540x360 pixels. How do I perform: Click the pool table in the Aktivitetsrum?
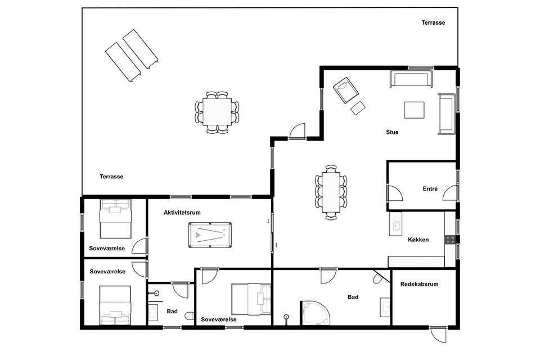(x=210, y=235)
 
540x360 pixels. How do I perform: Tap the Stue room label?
(x=392, y=132)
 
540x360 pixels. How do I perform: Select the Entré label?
(x=430, y=188)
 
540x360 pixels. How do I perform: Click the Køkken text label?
(x=418, y=240)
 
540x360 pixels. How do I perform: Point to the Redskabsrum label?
(x=419, y=284)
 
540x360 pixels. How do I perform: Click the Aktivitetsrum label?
(x=182, y=213)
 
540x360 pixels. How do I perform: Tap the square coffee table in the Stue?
(x=414, y=110)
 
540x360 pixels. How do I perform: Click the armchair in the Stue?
(x=346, y=90)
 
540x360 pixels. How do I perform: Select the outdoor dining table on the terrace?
(x=217, y=112)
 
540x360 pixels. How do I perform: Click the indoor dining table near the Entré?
(x=331, y=192)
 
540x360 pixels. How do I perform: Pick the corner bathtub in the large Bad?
(x=315, y=313)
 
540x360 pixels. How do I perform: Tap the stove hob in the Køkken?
(x=450, y=240)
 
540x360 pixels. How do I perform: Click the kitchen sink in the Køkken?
(x=395, y=224)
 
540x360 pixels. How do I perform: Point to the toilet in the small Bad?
(x=190, y=316)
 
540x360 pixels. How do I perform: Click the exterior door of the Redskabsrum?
(x=438, y=334)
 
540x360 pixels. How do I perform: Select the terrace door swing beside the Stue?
(x=298, y=131)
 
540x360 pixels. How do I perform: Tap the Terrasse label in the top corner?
(x=433, y=22)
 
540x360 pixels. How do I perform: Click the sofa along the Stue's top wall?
(x=411, y=79)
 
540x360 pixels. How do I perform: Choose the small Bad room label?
(x=172, y=311)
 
